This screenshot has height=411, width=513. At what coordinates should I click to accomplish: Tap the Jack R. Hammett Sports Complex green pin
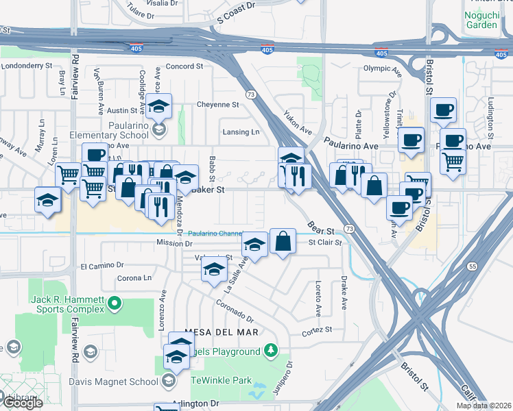click(x=115, y=302)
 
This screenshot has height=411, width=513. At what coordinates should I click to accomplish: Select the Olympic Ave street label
click(x=381, y=68)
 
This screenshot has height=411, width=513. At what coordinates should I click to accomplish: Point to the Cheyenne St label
click(x=217, y=105)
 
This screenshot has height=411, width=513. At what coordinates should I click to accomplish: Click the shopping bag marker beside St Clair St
click(x=283, y=242)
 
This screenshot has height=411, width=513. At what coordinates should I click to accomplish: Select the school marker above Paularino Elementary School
click(x=158, y=107)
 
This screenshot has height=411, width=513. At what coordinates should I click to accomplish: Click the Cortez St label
click(x=317, y=329)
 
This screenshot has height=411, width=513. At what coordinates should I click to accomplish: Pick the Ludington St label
click(x=490, y=113)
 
